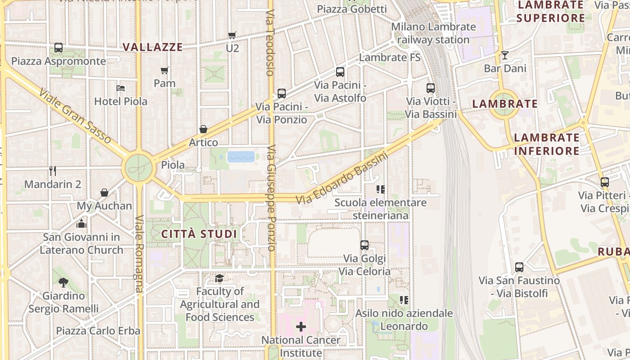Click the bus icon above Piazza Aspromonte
pyautogui.click(x=58, y=48)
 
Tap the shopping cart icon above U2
pyautogui.click(x=232, y=35)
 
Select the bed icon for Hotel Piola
pyautogui.click(x=121, y=88)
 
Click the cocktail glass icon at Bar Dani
pyautogui.click(x=505, y=55)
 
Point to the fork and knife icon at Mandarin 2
pyautogui.click(x=53, y=171)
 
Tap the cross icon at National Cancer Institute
pyautogui.click(x=301, y=326)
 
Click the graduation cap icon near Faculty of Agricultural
pyautogui.click(x=219, y=279)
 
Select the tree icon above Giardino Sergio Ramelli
pyautogui.click(x=63, y=283)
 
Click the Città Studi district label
pyautogui.click(x=199, y=234)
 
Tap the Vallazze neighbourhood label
pyautogui.click(x=153, y=47)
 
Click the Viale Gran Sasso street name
pyautogui.click(x=75, y=116)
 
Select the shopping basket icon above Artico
pyautogui.click(x=203, y=130)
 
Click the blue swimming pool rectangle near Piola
pyautogui.click(x=241, y=157)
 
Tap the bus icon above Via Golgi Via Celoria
pyautogui.click(x=364, y=245)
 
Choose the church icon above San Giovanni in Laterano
pyautogui.click(x=81, y=223)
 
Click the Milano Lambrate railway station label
pyautogui.click(x=433, y=33)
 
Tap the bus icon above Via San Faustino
pyautogui.click(x=519, y=267)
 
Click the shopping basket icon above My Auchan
pyautogui.click(x=104, y=193)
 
